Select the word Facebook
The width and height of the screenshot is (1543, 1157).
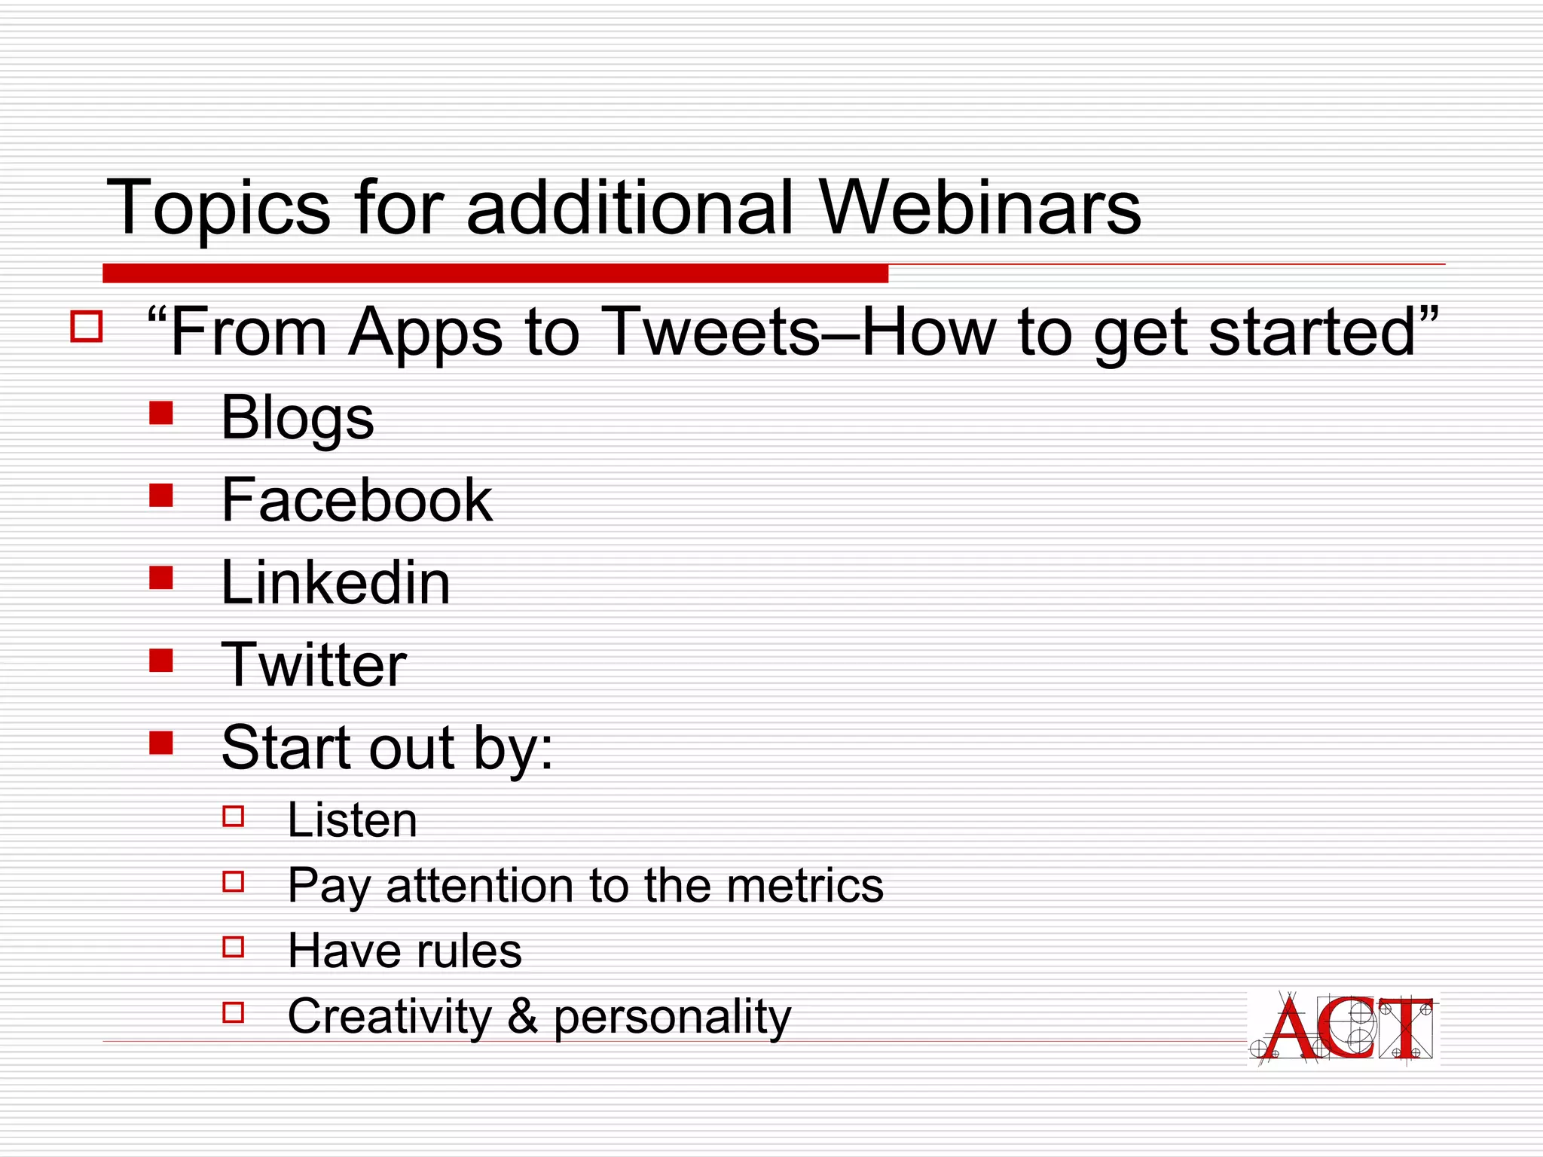[x=356, y=500]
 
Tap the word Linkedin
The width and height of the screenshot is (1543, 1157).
[x=335, y=583]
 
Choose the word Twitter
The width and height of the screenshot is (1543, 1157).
[x=313, y=665]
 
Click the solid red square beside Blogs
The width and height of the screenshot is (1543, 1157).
[x=161, y=413]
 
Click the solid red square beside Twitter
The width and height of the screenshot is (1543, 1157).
[x=161, y=661]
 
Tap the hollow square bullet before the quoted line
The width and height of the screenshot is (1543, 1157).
[x=86, y=327]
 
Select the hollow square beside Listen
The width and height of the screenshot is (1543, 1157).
[x=234, y=817]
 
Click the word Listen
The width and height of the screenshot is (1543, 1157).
[x=352, y=821]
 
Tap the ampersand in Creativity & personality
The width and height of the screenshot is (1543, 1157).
[x=522, y=1016]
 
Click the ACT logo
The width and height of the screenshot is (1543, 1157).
[x=1343, y=1027]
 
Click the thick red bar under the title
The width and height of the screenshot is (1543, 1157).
[x=495, y=273]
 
